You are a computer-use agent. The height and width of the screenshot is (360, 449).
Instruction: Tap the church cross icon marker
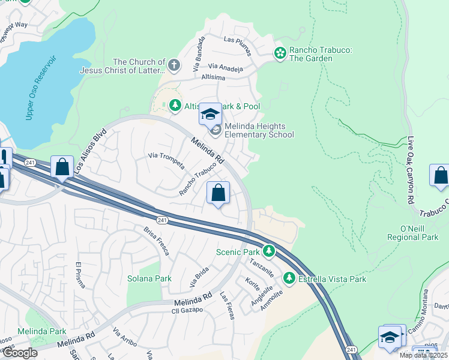click(x=174, y=65)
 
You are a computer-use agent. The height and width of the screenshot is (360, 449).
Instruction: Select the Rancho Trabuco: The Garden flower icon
click(x=280, y=53)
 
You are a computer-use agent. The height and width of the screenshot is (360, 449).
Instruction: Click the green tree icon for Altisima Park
click(x=175, y=106)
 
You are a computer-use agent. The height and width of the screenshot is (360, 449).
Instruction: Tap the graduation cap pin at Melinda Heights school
click(x=211, y=113)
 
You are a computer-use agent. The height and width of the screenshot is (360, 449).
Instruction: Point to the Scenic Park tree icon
click(x=270, y=252)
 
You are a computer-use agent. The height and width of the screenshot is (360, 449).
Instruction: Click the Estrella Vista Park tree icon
click(x=289, y=278)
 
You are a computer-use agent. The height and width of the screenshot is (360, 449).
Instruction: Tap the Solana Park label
click(x=149, y=278)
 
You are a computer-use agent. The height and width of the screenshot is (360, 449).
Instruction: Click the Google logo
click(x=20, y=353)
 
